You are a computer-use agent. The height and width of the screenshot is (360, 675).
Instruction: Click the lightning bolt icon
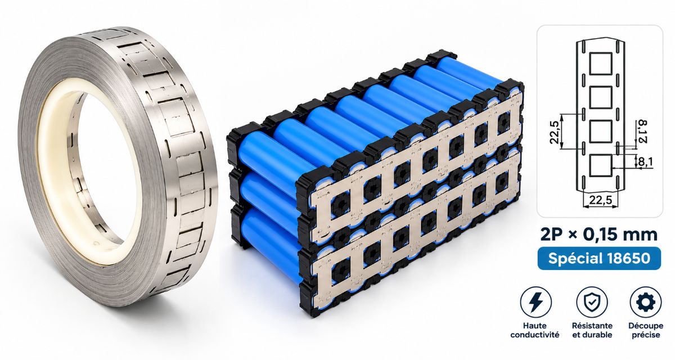(x=535, y=302)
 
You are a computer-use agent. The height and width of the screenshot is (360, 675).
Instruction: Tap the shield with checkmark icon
(x=592, y=302)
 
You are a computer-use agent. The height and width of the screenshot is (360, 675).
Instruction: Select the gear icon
(x=646, y=302)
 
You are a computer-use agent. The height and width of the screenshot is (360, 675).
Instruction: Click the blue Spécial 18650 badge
(x=599, y=258)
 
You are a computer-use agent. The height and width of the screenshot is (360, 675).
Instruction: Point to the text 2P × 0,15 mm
(x=599, y=235)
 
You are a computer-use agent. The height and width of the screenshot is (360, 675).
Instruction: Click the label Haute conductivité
(x=535, y=330)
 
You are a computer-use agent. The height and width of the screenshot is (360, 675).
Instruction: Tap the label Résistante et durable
(x=592, y=330)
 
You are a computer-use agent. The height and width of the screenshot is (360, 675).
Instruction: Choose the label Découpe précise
(x=646, y=330)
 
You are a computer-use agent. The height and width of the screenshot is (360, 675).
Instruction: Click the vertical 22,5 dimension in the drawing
(x=555, y=132)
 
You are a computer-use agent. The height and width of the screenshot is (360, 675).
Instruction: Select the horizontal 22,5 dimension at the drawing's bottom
(x=601, y=200)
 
